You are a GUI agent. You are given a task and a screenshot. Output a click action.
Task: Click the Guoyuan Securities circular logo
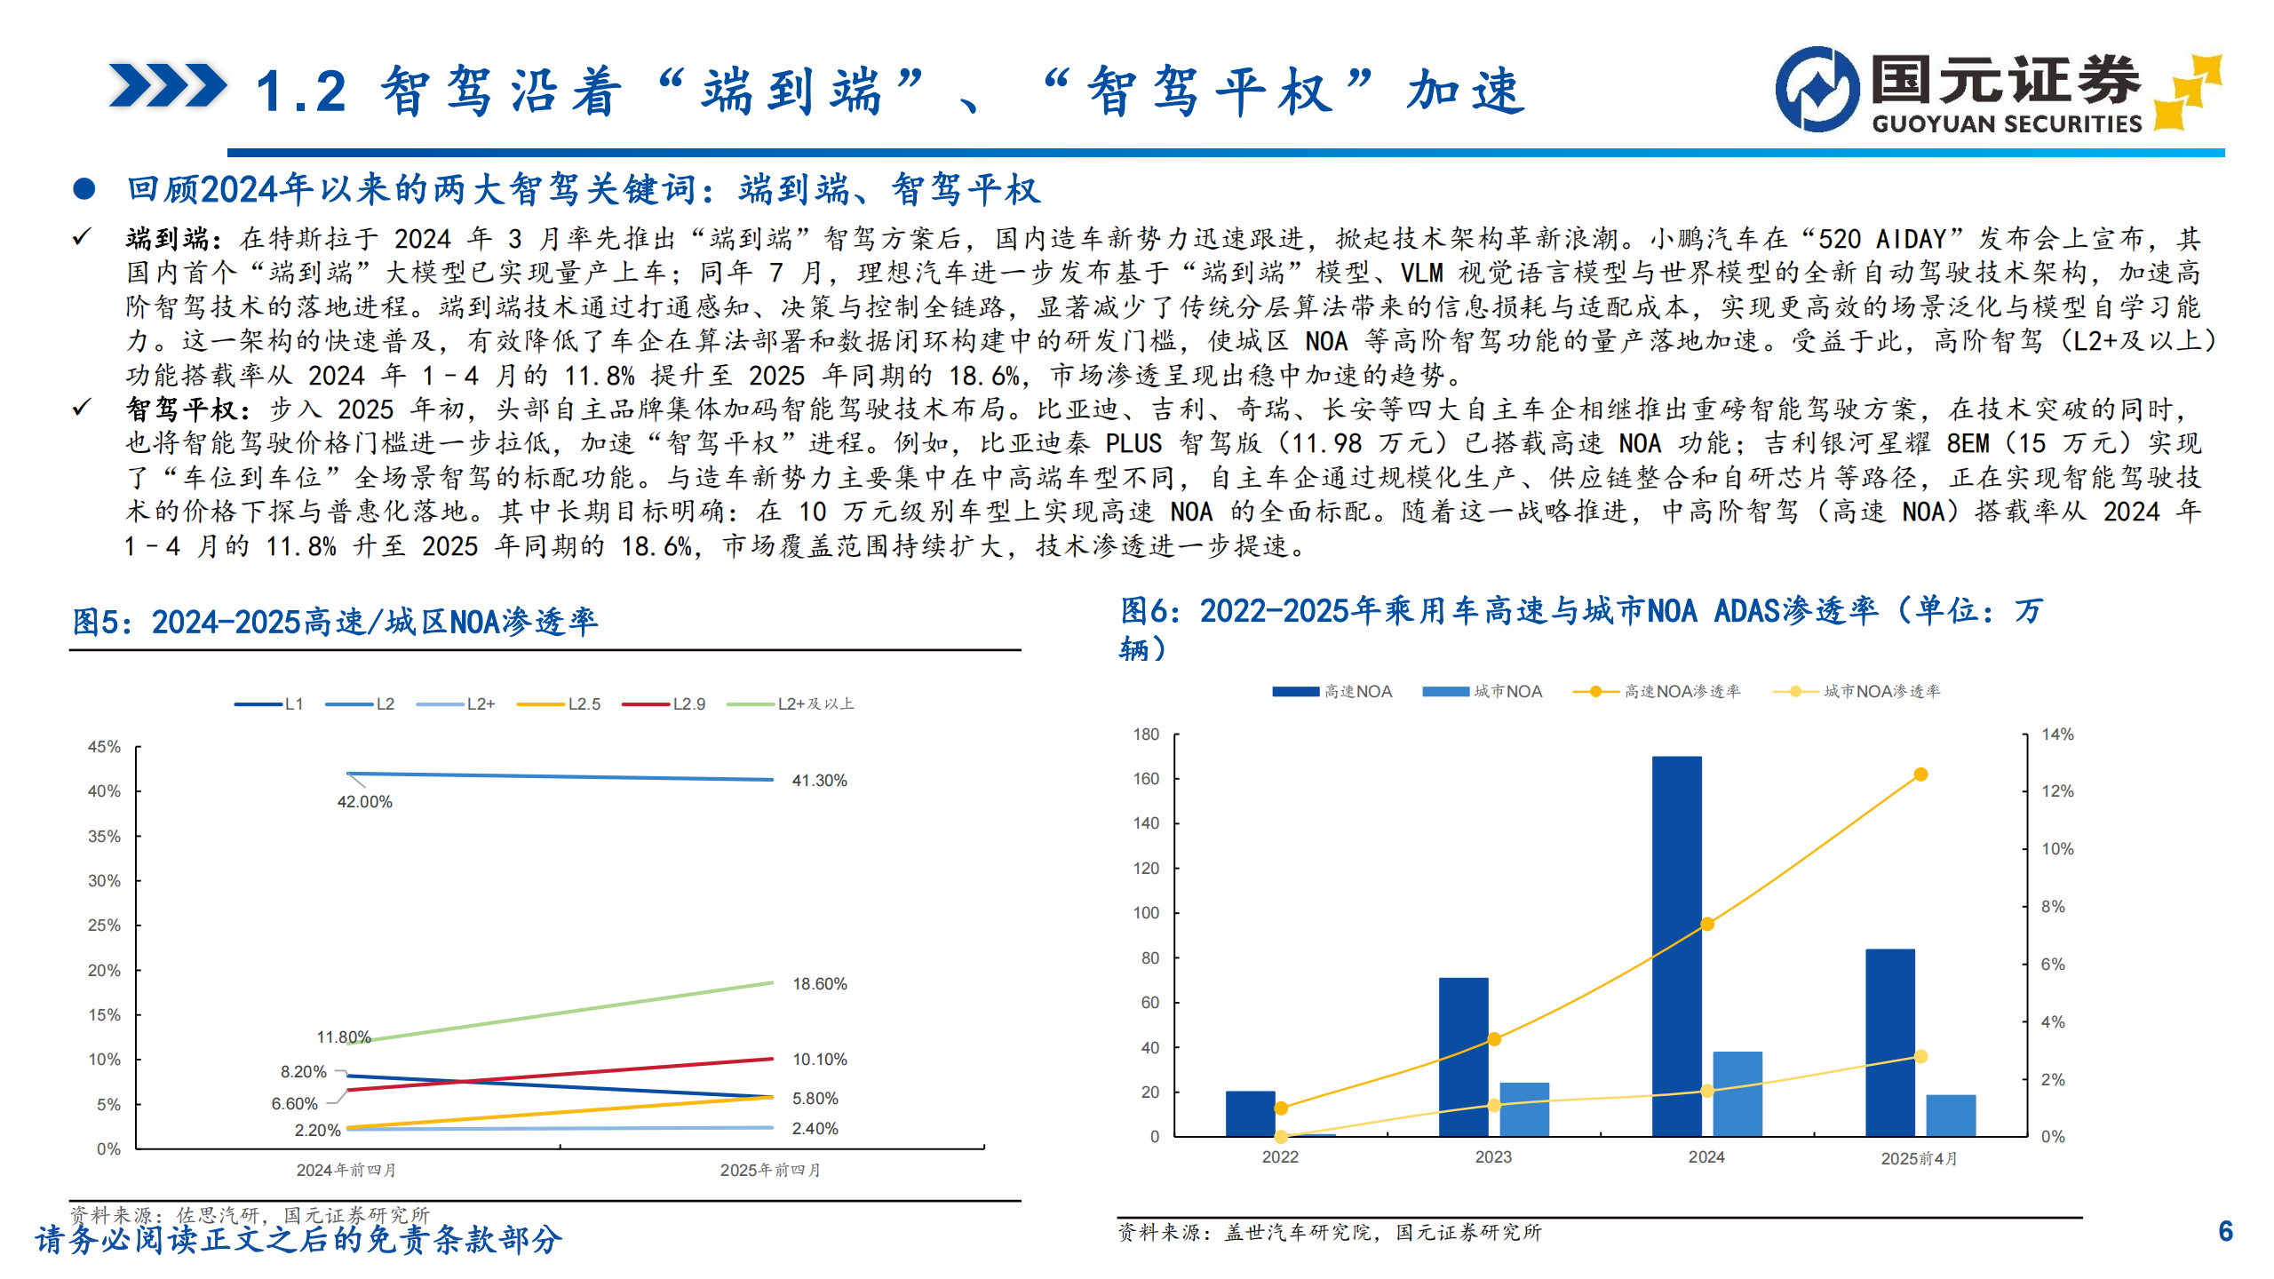point(1817,89)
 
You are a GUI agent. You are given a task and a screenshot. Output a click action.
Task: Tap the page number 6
point(2225,1231)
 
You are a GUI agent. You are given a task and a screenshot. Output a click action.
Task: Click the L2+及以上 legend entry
point(791,704)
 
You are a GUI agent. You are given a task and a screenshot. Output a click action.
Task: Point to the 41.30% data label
point(819,781)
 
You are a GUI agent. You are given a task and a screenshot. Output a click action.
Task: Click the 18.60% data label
point(819,984)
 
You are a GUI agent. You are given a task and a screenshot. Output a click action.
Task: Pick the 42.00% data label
point(364,802)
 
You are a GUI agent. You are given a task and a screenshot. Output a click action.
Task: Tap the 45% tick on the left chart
point(104,747)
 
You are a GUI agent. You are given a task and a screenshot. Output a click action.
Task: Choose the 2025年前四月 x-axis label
point(770,1171)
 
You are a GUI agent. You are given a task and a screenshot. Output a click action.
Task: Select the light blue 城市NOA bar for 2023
point(1523,1109)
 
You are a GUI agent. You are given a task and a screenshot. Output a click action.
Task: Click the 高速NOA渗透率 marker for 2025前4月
point(1920,775)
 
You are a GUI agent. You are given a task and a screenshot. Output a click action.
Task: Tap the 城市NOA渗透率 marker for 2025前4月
point(1920,1057)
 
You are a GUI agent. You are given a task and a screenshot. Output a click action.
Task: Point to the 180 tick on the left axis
point(1146,735)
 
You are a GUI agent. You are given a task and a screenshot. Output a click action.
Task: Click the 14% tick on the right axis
point(2057,735)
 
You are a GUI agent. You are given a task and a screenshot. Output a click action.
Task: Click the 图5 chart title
point(335,622)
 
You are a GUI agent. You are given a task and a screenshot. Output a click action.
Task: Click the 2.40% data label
point(815,1129)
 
